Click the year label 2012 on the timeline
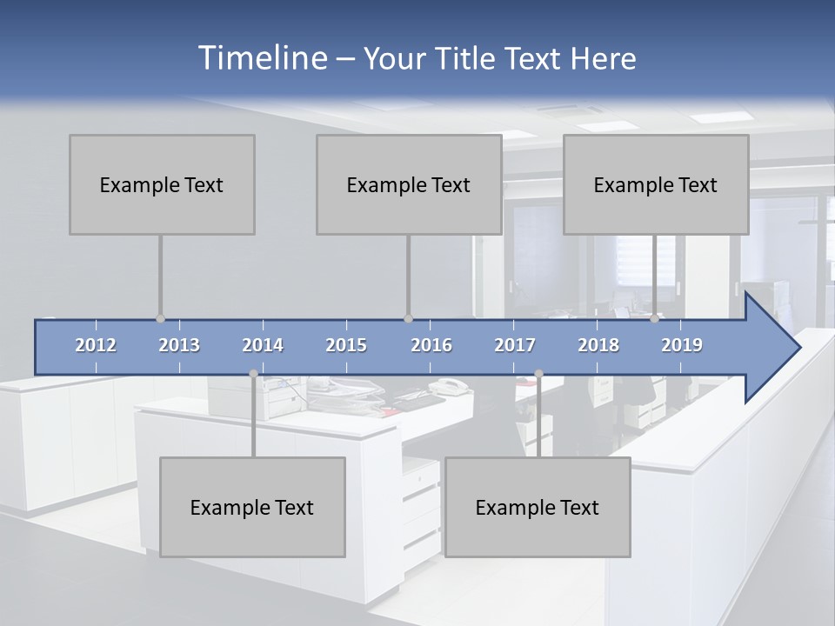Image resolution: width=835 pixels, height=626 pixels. (x=96, y=345)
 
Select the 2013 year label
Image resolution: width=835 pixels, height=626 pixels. (x=179, y=345)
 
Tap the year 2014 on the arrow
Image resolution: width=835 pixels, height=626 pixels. (x=263, y=345)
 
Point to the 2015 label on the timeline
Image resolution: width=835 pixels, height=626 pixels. (x=346, y=345)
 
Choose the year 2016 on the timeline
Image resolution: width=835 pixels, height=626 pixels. (x=431, y=345)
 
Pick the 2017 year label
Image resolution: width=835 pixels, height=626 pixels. (x=515, y=345)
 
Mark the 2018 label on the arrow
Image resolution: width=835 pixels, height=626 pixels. (x=598, y=345)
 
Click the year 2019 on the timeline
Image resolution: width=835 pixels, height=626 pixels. (x=682, y=345)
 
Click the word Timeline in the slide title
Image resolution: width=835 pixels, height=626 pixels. (x=262, y=57)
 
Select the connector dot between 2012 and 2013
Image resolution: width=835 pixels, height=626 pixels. (x=160, y=319)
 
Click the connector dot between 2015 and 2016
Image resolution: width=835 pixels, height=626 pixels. (x=408, y=319)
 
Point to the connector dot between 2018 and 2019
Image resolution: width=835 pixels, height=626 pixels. (x=655, y=319)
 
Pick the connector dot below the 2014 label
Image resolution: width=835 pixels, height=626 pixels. (x=253, y=374)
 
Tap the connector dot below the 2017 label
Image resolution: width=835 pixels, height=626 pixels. (x=538, y=374)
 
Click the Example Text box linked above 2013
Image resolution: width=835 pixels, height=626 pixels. (x=162, y=184)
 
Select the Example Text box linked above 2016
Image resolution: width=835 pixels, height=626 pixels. (x=409, y=184)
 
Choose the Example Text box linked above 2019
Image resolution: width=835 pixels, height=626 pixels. (x=656, y=184)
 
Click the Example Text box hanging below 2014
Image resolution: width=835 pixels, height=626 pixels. (x=252, y=507)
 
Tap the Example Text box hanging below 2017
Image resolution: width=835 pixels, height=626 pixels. (x=538, y=507)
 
